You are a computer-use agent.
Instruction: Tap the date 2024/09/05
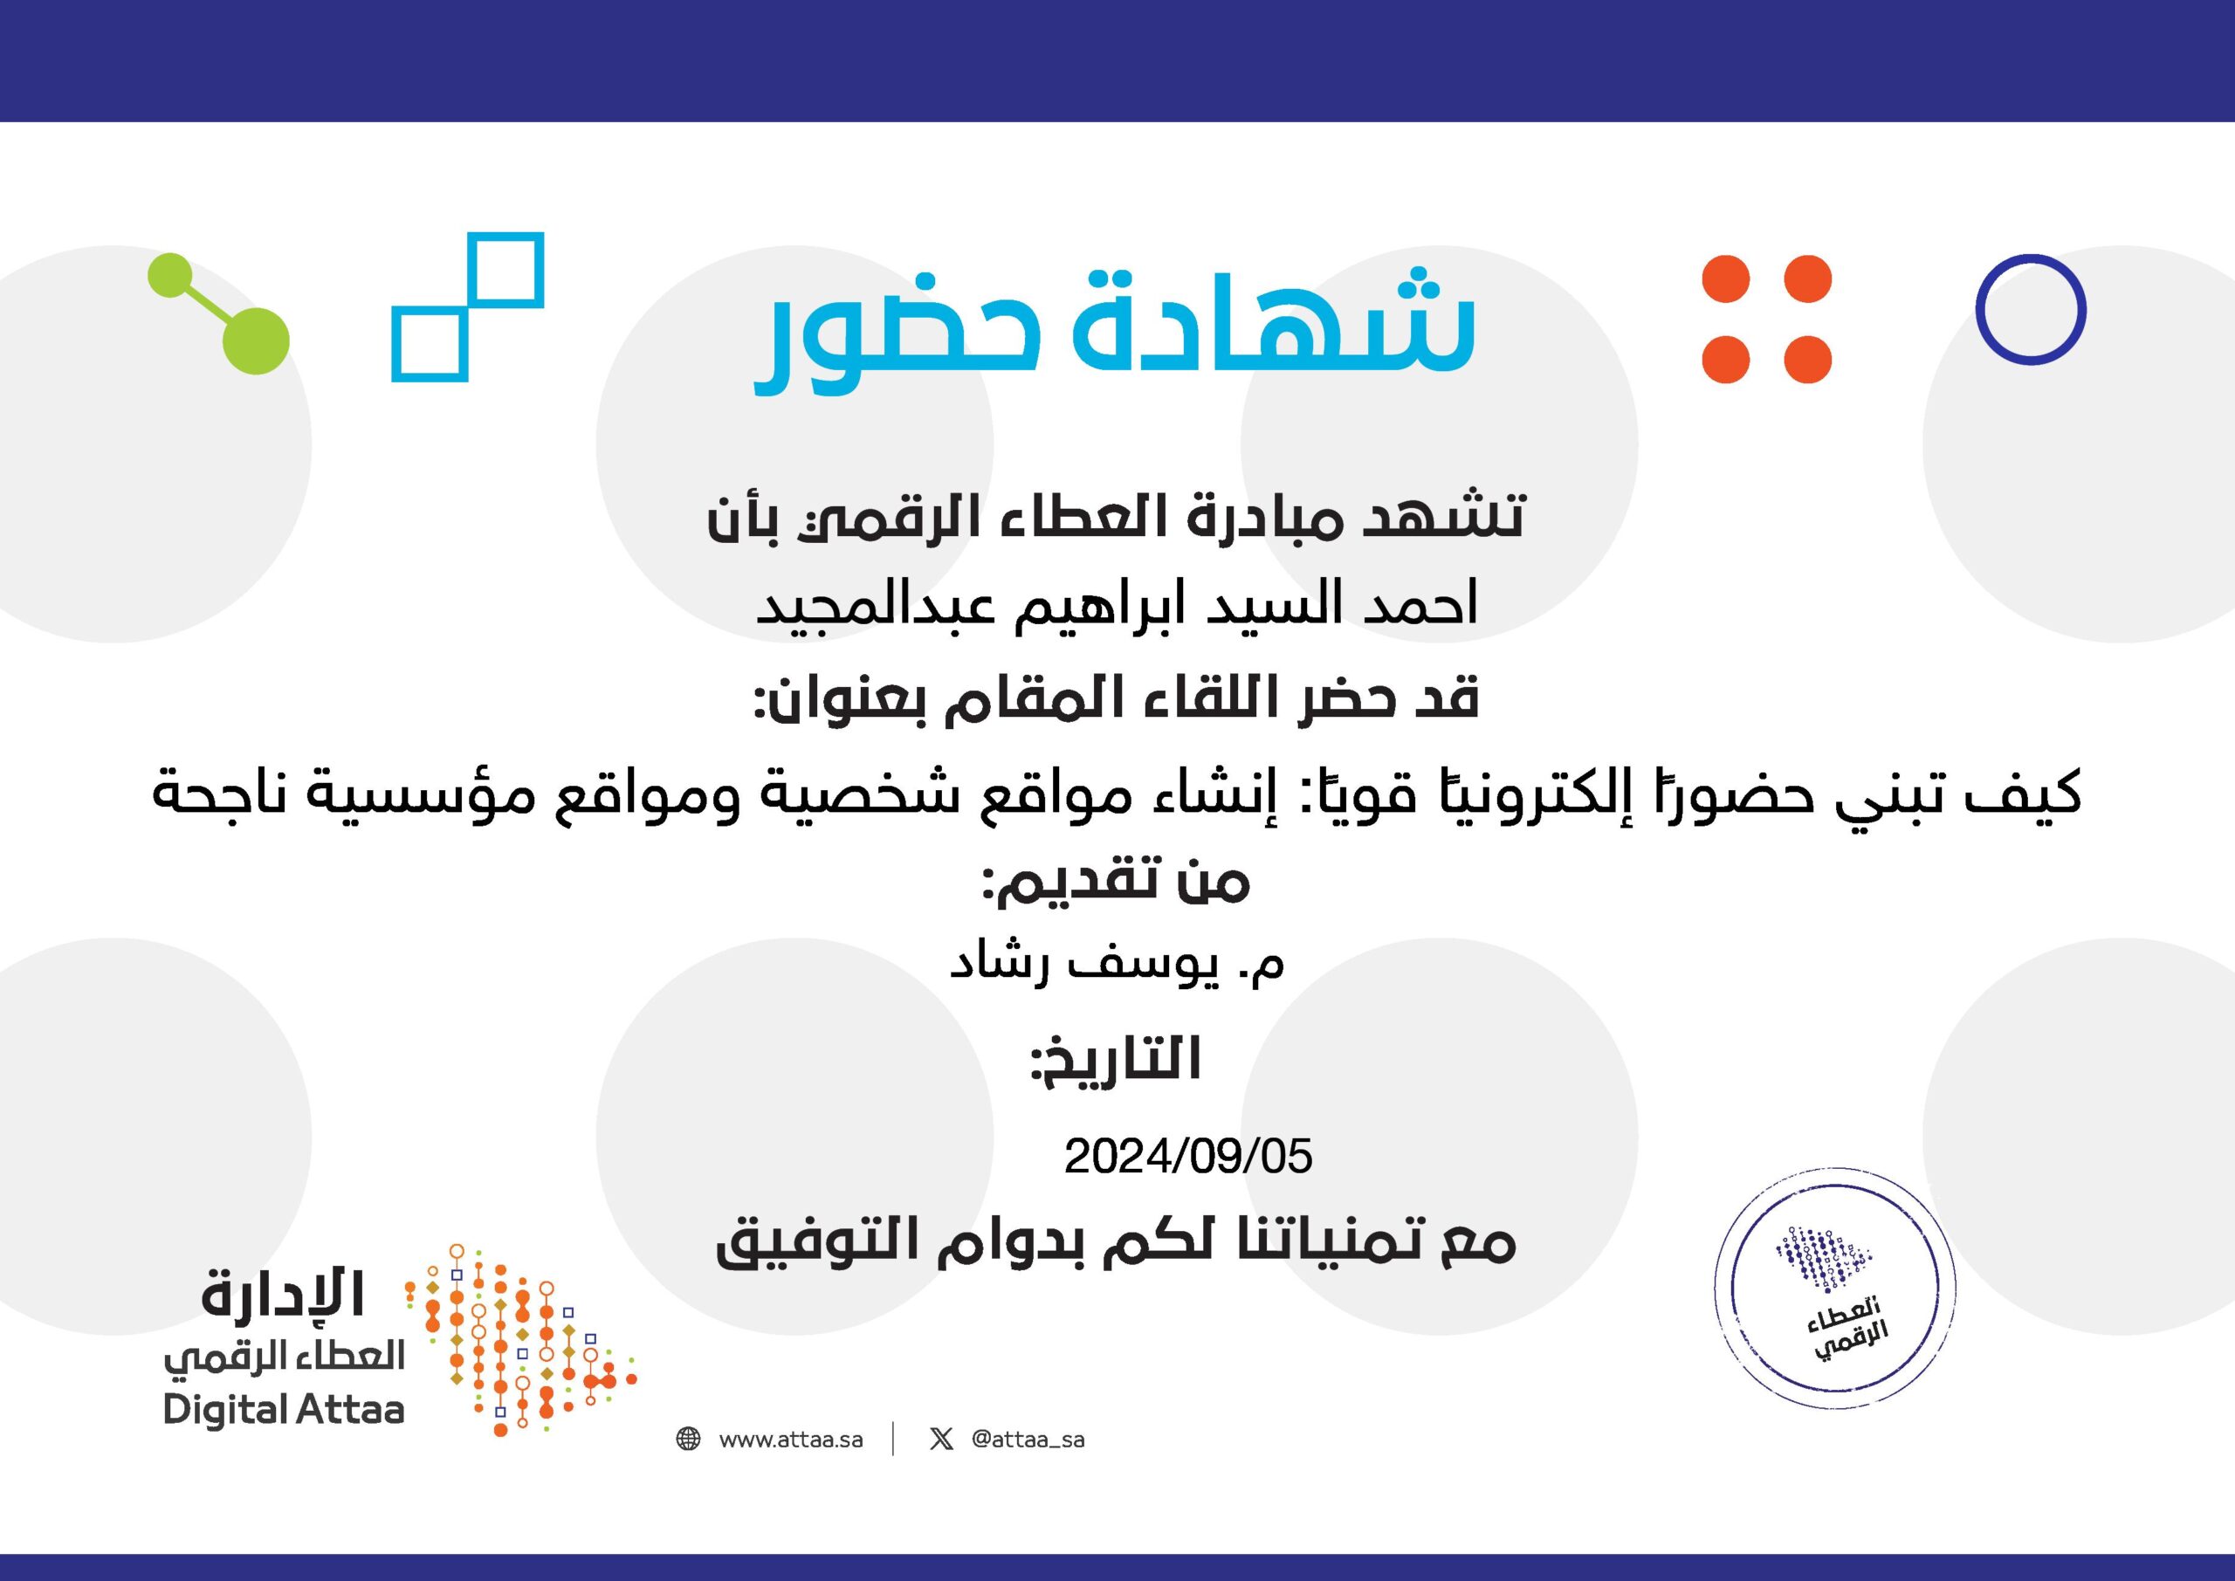[1187, 1157]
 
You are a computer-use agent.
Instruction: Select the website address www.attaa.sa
[790, 1440]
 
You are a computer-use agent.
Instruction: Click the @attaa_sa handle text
[1028, 1440]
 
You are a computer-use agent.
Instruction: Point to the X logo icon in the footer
[941, 1439]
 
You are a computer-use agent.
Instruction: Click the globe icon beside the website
[688, 1439]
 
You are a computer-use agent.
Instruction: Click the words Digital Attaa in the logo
[283, 1410]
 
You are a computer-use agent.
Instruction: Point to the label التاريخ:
[1116, 1060]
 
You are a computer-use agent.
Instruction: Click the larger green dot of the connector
[255, 340]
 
